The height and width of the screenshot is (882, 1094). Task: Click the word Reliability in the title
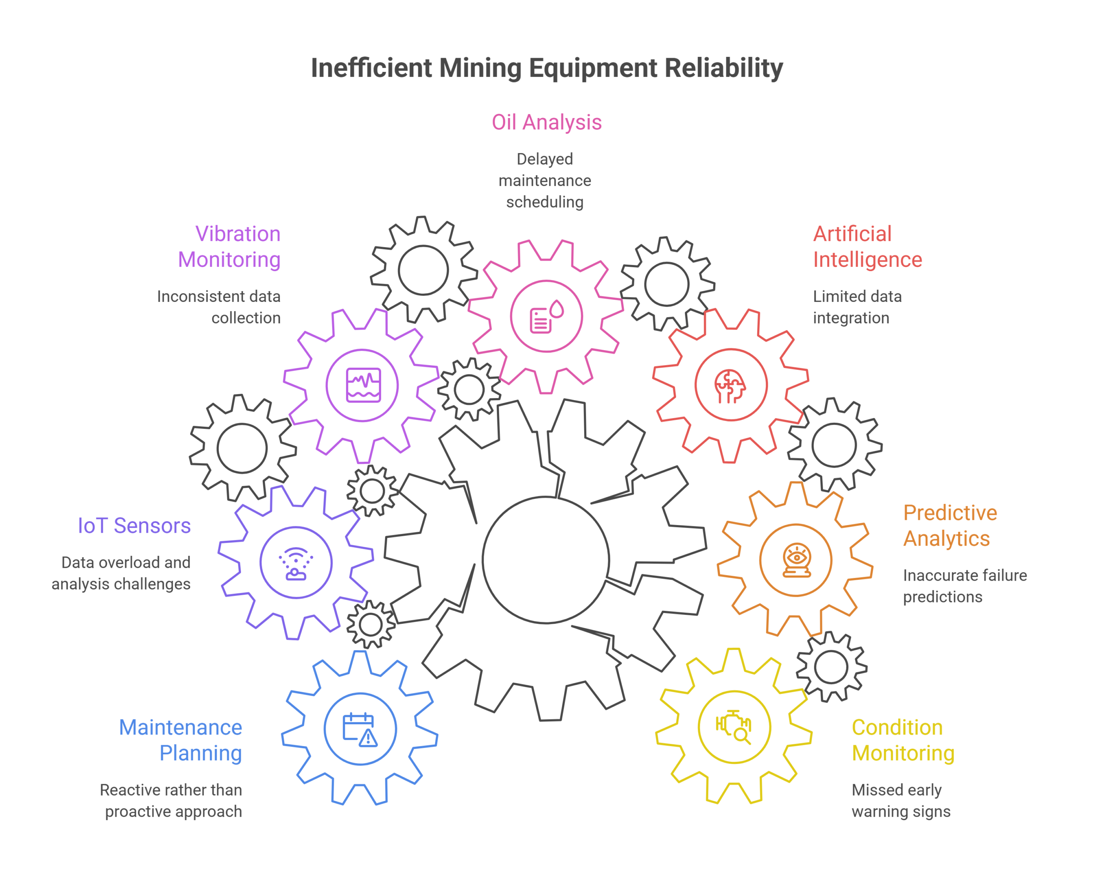coord(724,68)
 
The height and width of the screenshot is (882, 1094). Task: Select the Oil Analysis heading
coord(547,122)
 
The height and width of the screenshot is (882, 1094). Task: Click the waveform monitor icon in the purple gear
coord(363,385)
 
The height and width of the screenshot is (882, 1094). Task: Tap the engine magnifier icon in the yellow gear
coord(733,727)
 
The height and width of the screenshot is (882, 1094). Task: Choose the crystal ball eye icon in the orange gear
coord(797,560)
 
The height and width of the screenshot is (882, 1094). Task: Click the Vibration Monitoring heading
coord(229,247)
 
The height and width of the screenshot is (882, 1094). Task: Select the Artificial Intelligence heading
coord(868,247)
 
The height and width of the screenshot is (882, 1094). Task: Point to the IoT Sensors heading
coord(134,526)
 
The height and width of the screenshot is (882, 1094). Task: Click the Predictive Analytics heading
coord(950,526)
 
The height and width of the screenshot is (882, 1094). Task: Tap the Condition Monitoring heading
coord(903,740)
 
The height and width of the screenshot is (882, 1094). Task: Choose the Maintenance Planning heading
coord(180,740)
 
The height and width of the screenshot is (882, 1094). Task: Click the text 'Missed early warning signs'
coord(901,801)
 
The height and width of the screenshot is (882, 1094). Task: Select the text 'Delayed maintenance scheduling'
coord(545,181)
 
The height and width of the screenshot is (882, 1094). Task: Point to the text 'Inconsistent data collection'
coord(219,307)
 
